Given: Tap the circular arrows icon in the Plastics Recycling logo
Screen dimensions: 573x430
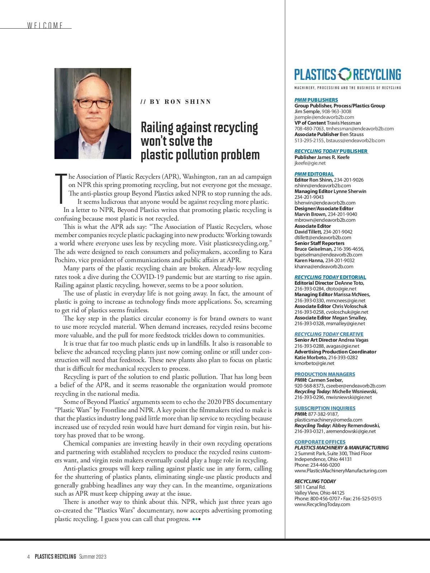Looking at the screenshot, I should coord(345,74).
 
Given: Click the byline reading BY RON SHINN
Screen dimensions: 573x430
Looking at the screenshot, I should coord(176,102).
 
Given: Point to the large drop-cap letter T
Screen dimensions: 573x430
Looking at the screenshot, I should coord(61,188).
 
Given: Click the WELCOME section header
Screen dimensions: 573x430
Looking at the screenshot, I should coord(45,25).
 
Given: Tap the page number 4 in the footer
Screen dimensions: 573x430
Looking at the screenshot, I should coord(28,557).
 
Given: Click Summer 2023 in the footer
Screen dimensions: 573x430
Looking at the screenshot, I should coord(93,557).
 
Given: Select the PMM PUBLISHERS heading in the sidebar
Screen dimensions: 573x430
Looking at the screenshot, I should coord(316,100).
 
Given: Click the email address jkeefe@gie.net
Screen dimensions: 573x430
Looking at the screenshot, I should coord(310,163).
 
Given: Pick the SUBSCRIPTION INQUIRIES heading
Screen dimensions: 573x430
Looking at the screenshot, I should coord(325,408).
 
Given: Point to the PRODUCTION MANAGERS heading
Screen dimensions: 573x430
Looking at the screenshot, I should coord(325,374).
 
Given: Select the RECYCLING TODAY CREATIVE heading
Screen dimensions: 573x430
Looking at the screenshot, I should coord(329,334).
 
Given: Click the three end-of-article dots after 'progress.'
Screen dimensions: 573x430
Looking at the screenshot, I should coord(196,519).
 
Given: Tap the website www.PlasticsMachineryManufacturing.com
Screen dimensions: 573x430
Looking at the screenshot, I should coord(340,471).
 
